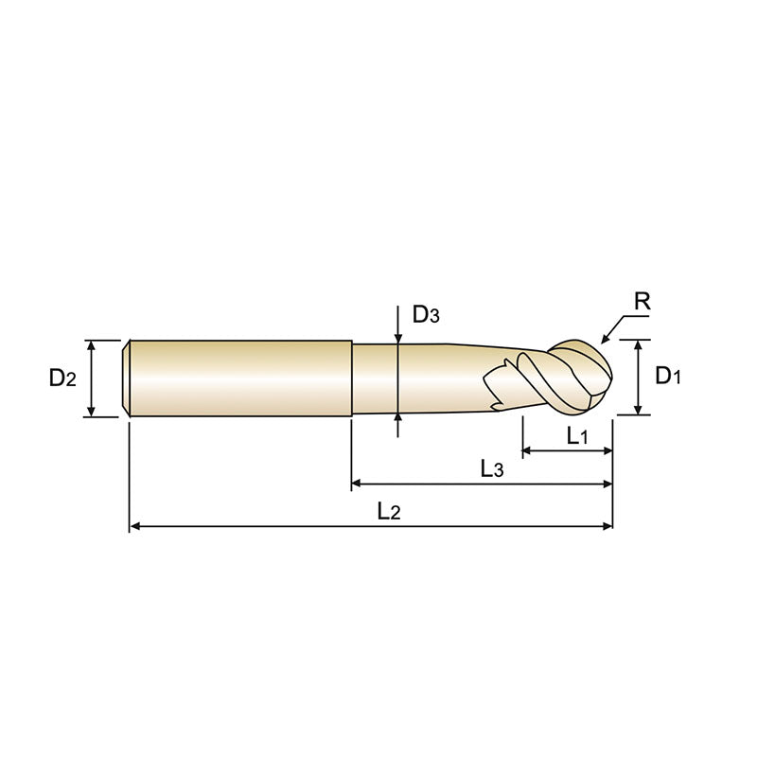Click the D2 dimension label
pyautogui.click(x=62, y=378)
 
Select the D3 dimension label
pyautogui.click(x=426, y=315)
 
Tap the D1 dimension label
pyautogui.click(x=668, y=377)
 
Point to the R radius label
pyautogui.click(x=642, y=302)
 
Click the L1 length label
pyautogui.click(x=577, y=435)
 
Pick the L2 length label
pyautogui.click(x=388, y=512)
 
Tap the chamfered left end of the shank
pyautogui.click(x=128, y=378)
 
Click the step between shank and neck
pyautogui.click(x=352, y=378)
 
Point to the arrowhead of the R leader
pyautogui.click(x=605, y=340)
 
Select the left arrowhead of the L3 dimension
pyautogui.click(x=357, y=484)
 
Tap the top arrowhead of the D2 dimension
pyautogui.click(x=92, y=345)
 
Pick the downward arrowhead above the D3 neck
pyautogui.click(x=398, y=339)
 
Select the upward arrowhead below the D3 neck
pyautogui.click(x=398, y=418)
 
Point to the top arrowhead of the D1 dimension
pyautogui.click(x=640, y=344)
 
